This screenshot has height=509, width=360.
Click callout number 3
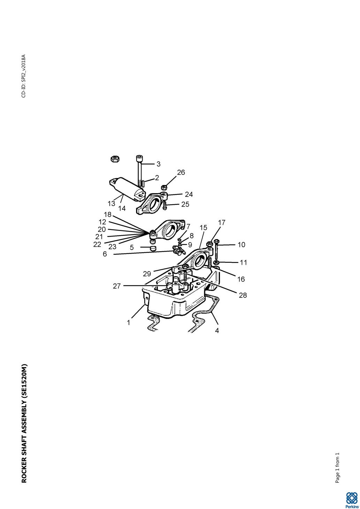tap(159, 164)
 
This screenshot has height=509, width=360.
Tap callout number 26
tap(181, 172)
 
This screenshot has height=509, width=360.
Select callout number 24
tap(189, 194)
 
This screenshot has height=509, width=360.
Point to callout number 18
tap(108, 215)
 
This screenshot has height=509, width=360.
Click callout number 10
tap(242, 245)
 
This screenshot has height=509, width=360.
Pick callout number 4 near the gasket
tap(217, 331)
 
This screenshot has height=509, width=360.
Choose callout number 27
tap(117, 286)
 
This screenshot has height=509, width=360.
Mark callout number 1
tap(129, 323)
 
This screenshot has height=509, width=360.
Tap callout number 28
tap(243, 295)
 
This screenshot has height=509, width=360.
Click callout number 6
tap(105, 254)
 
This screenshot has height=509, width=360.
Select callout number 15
tap(204, 227)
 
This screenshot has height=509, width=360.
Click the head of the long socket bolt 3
tap(139, 158)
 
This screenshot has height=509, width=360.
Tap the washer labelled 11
tap(216, 263)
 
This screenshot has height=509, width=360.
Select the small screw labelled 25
tap(165, 206)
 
